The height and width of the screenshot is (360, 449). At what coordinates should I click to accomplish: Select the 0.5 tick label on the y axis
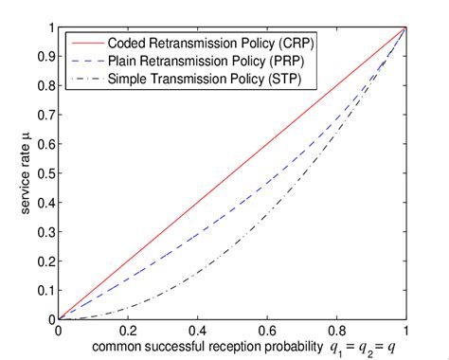tap(45, 173)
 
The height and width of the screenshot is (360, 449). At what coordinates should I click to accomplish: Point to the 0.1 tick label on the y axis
tap(45, 291)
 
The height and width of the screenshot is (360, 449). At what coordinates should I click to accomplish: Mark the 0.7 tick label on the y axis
tap(45, 115)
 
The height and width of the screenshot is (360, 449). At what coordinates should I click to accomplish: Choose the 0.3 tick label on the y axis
tap(45, 232)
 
